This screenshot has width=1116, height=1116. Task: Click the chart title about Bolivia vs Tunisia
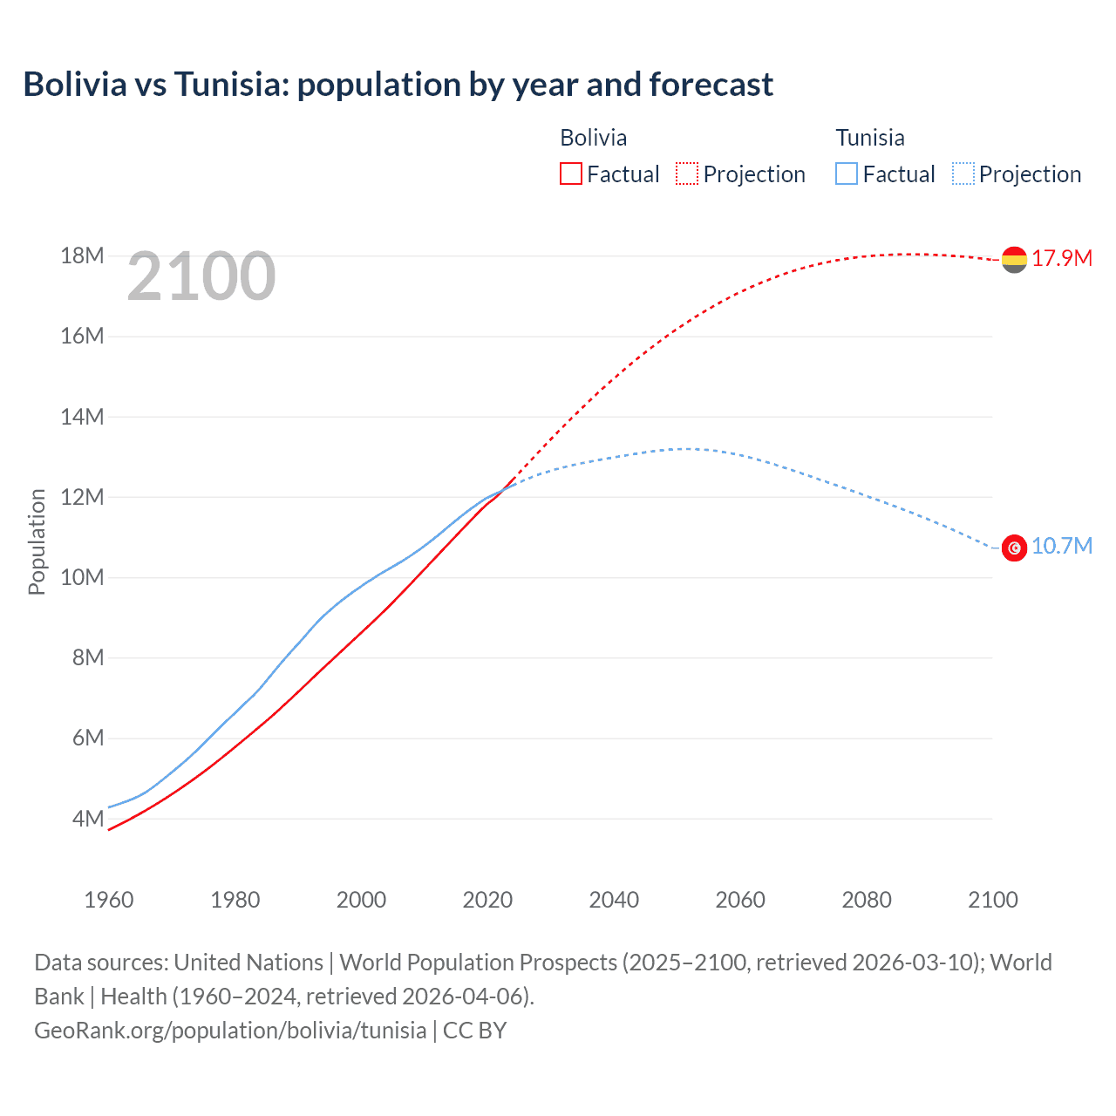point(398,85)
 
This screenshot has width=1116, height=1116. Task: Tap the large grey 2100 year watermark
point(201,276)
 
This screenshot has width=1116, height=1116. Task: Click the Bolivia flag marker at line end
point(1014,259)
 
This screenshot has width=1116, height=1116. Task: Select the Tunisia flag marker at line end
point(1014,548)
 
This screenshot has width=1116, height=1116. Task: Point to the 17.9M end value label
point(1062,258)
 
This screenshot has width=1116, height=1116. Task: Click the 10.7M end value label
point(1062,546)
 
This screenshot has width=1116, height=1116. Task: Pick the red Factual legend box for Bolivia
point(571,174)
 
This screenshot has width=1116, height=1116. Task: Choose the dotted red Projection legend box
point(687,174)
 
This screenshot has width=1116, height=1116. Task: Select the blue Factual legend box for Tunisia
point(847,174)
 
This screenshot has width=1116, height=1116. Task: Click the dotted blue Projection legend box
point(963,174)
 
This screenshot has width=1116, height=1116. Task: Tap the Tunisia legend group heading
point(870,138)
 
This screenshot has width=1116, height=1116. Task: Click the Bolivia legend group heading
point(593,138)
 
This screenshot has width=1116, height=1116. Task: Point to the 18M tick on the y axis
point(82,255)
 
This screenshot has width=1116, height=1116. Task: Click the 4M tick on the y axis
point(88,819)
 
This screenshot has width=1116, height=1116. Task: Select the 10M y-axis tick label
point(82,577)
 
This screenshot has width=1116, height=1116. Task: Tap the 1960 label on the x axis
point(109,900)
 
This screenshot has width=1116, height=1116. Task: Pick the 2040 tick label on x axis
point(614,900)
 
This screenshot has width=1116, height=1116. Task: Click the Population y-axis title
point(37,541)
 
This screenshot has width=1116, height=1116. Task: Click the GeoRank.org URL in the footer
point(230,1030)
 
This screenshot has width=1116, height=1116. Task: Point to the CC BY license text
point(475,1030)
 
